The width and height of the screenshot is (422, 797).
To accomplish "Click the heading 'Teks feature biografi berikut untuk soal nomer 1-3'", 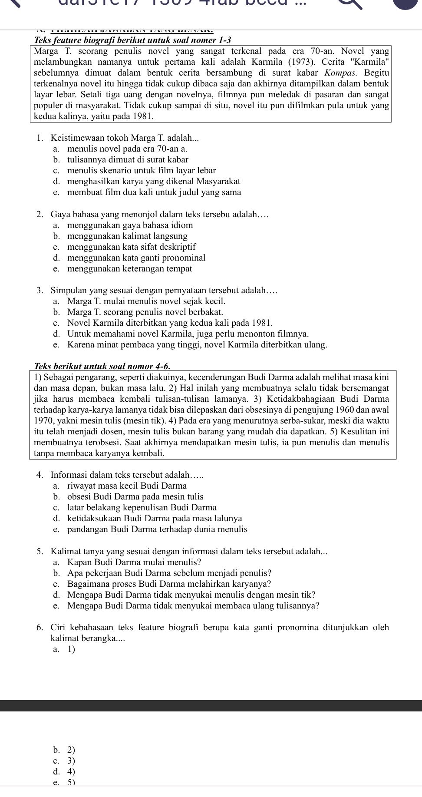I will point(132,40).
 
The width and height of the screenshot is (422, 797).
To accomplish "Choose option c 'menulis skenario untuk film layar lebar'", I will point(142,170).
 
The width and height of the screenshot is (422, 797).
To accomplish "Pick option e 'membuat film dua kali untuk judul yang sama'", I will point(154,192).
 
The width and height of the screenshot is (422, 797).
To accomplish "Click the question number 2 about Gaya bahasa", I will point(40,214).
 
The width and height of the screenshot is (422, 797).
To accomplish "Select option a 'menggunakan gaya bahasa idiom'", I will point(130,225).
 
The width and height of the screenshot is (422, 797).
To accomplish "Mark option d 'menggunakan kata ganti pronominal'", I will point(136,258).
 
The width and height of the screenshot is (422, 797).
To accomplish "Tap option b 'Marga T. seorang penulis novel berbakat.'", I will point(145,312).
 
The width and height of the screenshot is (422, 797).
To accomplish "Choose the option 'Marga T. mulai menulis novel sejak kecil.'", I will point(146,301).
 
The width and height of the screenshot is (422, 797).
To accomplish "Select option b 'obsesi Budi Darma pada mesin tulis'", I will point(135,496).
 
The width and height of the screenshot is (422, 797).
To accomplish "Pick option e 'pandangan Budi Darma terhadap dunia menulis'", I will point(157,529).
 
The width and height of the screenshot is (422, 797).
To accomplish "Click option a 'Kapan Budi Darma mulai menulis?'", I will point(134,562).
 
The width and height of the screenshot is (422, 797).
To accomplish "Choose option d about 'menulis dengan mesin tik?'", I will point(191,595).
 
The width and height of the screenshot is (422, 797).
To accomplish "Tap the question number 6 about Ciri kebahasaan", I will point(40,627).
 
